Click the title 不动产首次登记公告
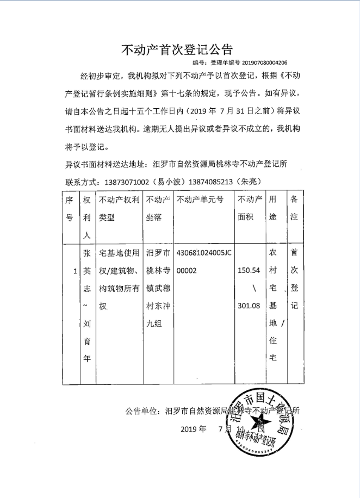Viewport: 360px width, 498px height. click(176, 49)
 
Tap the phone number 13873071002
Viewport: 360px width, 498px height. click(127, 180)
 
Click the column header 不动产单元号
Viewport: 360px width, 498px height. click(200, 200)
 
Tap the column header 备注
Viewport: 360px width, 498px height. click(294, 208)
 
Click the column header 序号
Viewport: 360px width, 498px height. click(70, 208)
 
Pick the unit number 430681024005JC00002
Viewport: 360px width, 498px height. click(204, 262)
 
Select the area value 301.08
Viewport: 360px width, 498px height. click(250, 306)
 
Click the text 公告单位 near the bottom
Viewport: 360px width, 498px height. click(143, 411)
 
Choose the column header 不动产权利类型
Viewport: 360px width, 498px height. click(119, 208)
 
